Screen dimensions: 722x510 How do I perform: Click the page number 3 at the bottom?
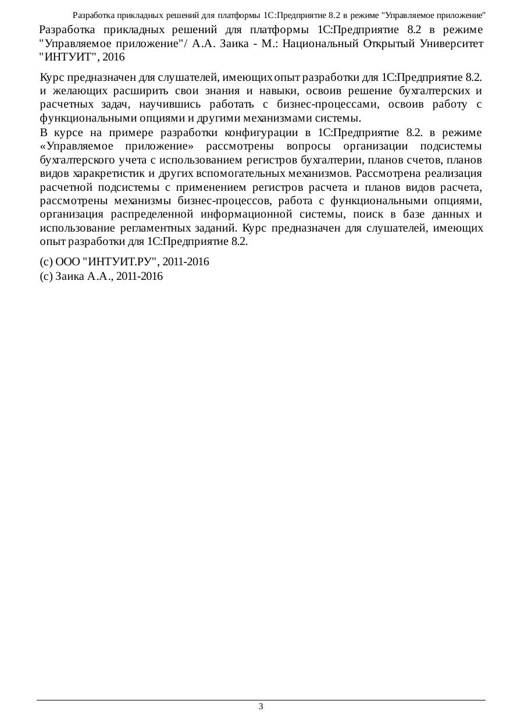[261, 707]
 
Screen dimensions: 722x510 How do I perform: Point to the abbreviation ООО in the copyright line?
[69, 262]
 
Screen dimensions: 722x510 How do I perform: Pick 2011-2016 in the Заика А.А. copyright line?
[140, 276]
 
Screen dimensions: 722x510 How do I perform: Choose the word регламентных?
[191, 227]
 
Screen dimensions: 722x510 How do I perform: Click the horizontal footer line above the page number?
[261, 700]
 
